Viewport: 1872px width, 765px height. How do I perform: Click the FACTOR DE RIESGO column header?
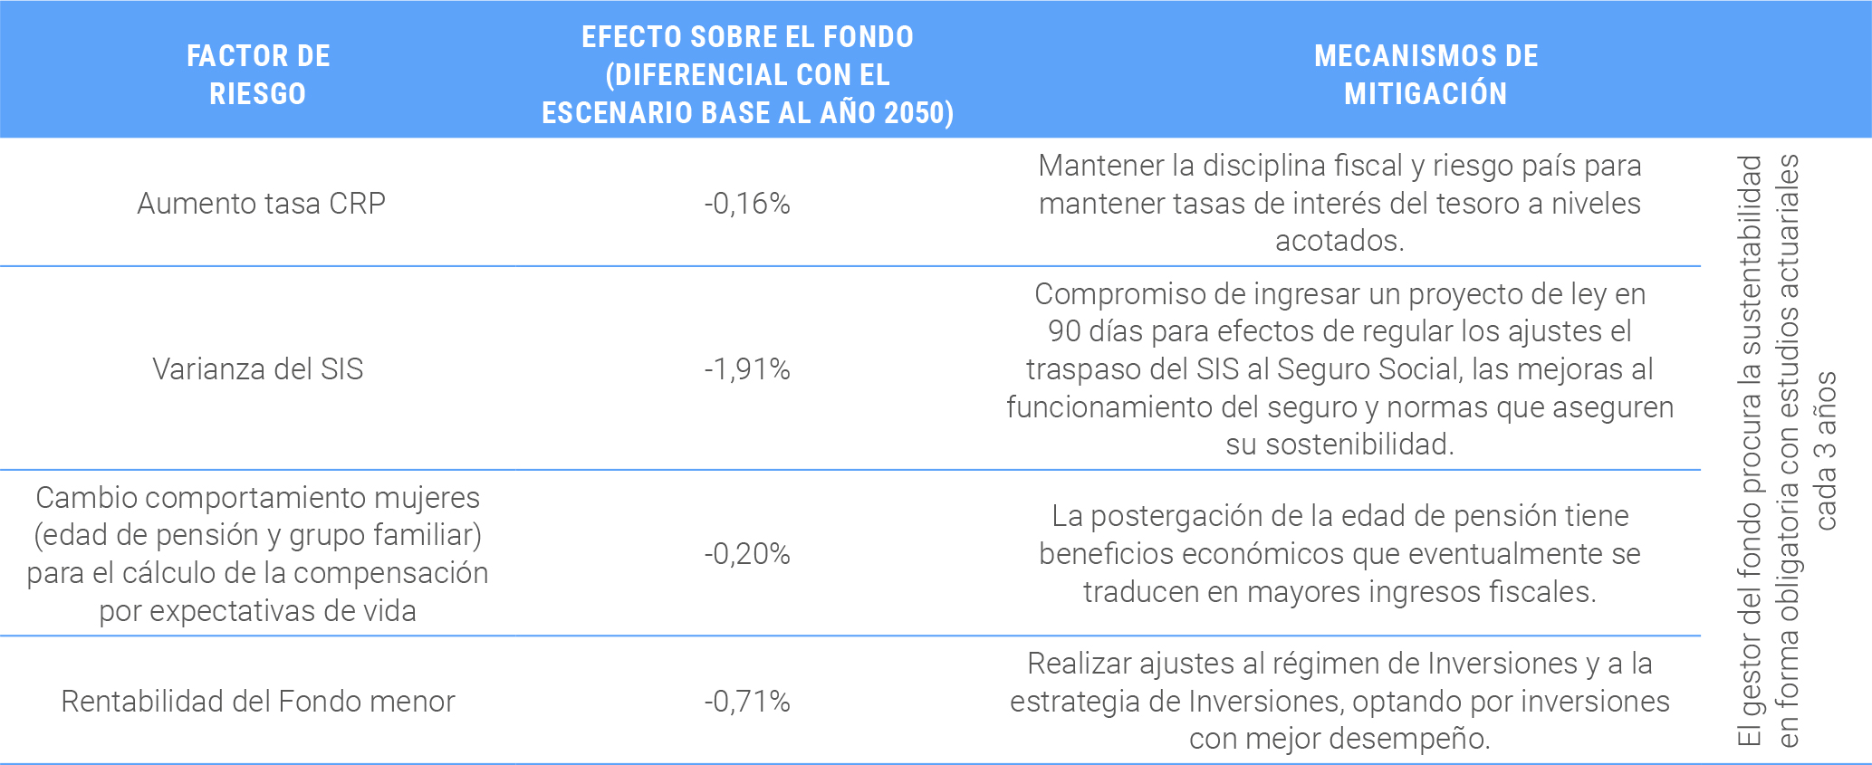(x=258, y=74)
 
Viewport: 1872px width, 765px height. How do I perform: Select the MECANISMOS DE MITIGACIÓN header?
(x=1426, y=74)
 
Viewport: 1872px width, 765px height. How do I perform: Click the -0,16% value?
(x=747, y=204)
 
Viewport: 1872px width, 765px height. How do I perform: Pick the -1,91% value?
(x=747, y=369)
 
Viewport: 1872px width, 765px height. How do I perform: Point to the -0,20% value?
(x=747, y=553)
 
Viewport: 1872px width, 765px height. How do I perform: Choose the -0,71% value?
(x=747, y=702)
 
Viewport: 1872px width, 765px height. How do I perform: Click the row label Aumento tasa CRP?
(x=261, y=204)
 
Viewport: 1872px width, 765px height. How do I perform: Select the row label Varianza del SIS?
(x=258, y=369)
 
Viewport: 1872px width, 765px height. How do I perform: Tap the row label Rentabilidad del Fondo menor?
(x=258, y=702)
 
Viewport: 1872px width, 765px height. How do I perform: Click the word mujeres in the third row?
(x=427, y=498)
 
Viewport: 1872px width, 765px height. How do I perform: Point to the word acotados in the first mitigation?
(x=1338, y=241)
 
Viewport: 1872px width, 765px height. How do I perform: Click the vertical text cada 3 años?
(x=1826, y=450)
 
